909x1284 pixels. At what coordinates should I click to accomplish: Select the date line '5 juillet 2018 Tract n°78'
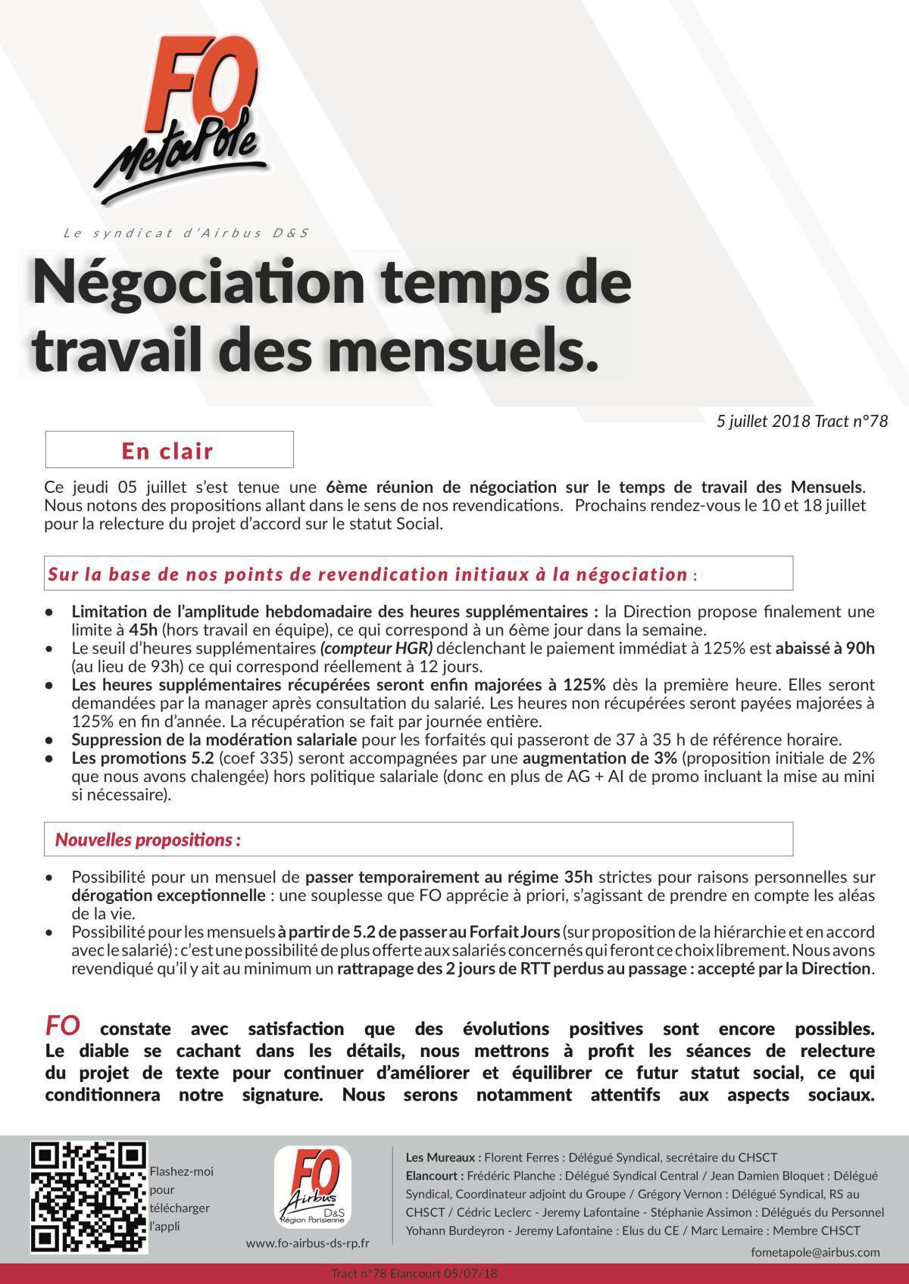click(801, 421)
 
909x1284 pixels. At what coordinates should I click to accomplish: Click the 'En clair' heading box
click(169, 450)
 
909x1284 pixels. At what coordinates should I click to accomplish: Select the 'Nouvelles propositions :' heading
click(148, 840)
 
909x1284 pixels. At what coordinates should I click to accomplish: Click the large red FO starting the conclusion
click(63, 1026)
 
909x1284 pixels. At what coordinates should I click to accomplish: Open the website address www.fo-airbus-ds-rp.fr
click(308, 1244)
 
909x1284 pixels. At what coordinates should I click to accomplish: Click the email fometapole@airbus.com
click(815, 1253)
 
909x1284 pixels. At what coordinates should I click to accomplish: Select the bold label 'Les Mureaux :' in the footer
click(443, 1158)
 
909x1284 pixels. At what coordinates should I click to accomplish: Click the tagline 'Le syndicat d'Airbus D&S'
click(186, 233)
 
